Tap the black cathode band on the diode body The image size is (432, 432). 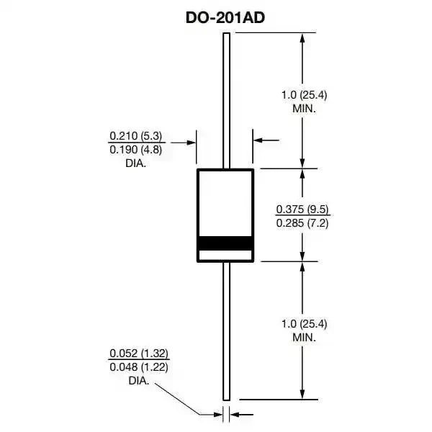225,243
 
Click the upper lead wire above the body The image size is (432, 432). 225,101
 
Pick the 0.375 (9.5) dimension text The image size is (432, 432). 302,210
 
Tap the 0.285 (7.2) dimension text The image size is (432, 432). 302,223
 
